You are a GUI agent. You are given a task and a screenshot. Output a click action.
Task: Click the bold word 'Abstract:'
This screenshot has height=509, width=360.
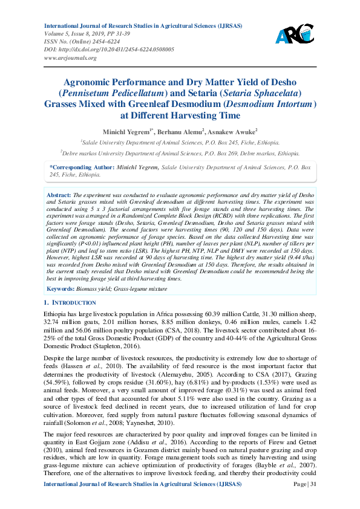click(59, 196)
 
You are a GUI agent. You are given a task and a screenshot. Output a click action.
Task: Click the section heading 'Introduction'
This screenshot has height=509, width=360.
click(74, 302)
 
